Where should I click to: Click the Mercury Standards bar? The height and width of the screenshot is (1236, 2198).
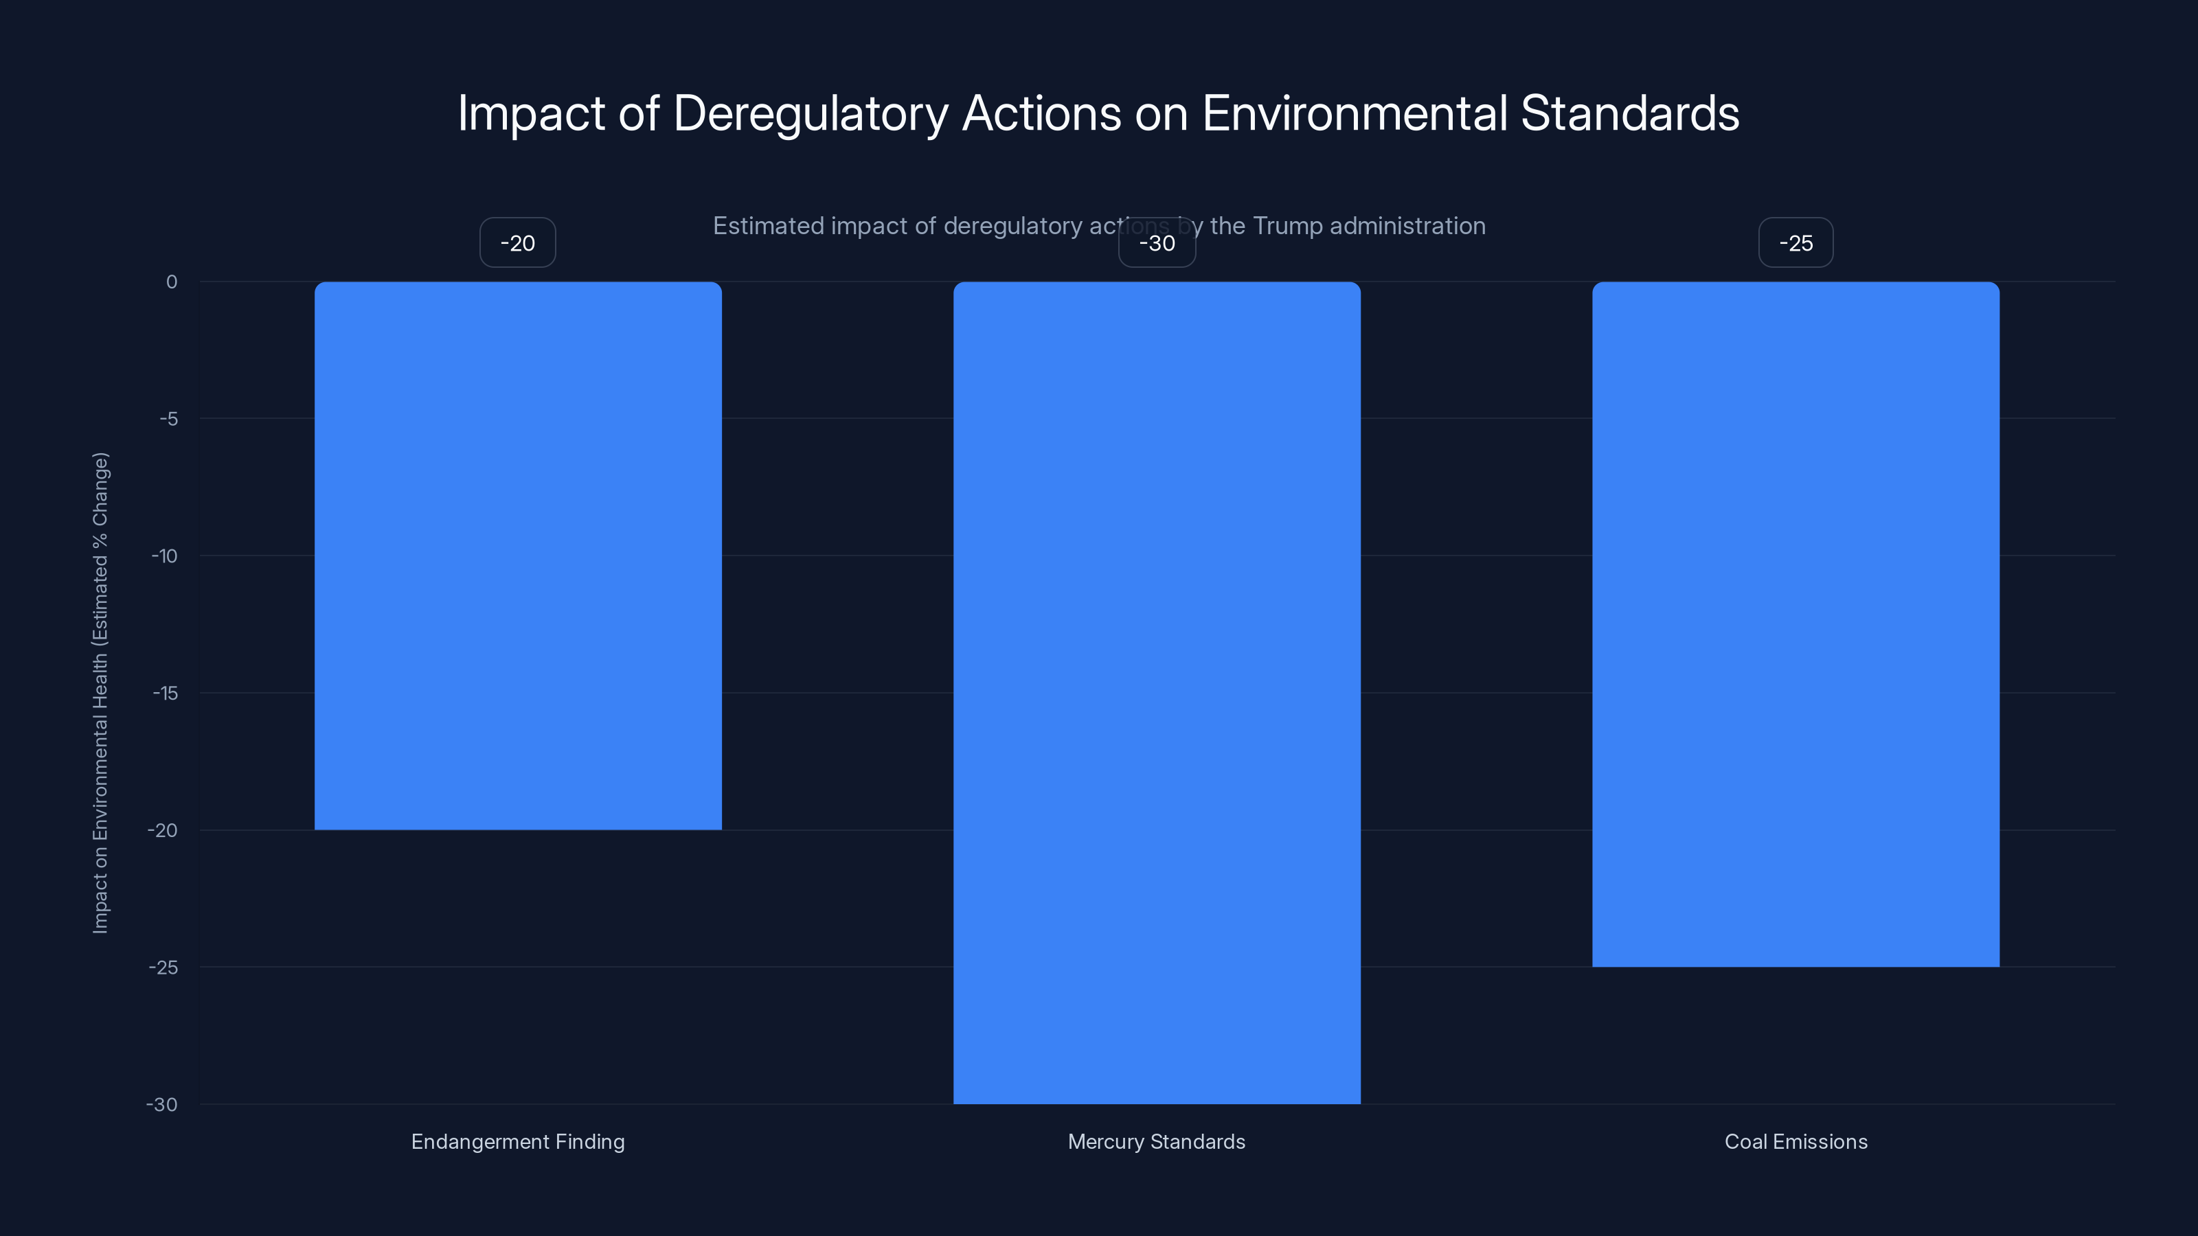click(1156, 691)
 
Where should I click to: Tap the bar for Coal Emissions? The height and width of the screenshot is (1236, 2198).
click(1795, 623)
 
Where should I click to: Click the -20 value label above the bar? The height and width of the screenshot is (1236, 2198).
click(518, 243)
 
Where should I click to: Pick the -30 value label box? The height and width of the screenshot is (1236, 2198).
click(1157, 243)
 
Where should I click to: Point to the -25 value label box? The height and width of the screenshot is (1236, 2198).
click(1795, 243)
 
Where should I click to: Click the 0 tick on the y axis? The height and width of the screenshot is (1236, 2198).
click(172, 282)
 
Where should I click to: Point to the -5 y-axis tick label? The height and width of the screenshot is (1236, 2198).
click(169, 419)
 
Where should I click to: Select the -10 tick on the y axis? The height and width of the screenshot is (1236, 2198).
click(165, 556)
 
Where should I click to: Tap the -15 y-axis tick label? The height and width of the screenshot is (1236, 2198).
click(166, 694)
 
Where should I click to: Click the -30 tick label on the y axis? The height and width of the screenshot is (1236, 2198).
click(162, 1105)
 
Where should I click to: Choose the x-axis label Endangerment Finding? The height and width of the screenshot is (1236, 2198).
click(518, 1141)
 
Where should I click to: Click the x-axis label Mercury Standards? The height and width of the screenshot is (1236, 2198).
click(1156, 1141)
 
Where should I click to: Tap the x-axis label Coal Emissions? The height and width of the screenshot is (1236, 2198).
click(1795, 1141)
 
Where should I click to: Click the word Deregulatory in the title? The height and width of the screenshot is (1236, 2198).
click(810, 113)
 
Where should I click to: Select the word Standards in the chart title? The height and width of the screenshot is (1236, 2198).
click(1630, 113)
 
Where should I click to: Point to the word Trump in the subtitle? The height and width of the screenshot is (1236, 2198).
click(1287, 226)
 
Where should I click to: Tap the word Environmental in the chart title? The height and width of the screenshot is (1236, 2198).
click(1354, 113)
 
